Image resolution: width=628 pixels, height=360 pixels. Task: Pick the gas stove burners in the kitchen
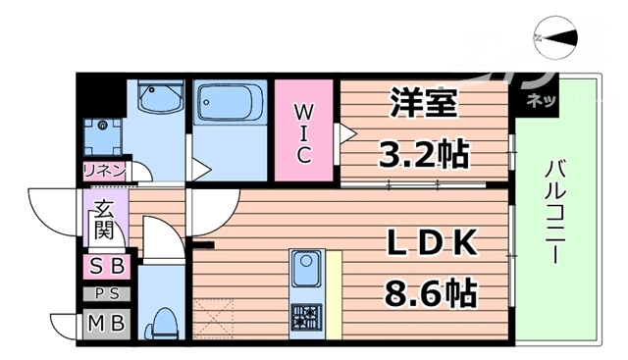point(304,315)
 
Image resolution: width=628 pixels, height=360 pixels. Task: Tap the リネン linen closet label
point(104,170)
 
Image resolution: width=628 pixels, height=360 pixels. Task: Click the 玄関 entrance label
point(103,221)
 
